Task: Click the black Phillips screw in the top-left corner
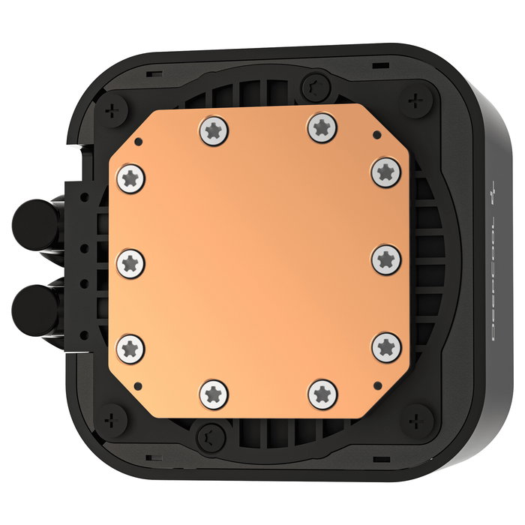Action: pyautogui.click(x=113, y=109)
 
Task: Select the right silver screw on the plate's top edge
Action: pyautogui.click(x=321, y=127)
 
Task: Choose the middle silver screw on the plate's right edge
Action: pyautogui.click(x=385, y=259)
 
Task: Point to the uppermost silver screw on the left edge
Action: pyautogui.click(x=131, y=178)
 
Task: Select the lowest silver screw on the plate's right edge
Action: pyautogui.click(x=386, y=346)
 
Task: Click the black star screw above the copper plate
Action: pyautogui.click(x=315, y=83)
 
